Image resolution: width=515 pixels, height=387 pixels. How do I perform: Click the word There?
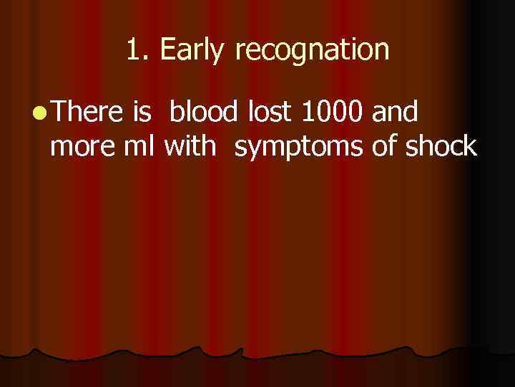[x=86, y=113]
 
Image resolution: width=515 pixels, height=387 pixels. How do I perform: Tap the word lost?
[x=271, y=113]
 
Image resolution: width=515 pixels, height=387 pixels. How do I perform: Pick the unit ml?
[x=142, y=146]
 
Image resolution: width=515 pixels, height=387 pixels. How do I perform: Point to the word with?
[x=190, y=146]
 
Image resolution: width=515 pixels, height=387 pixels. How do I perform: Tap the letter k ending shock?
[x=470, y=146]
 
